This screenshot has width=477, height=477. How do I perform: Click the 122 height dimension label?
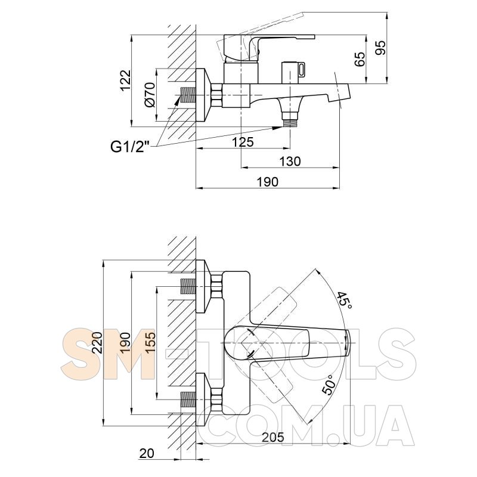click(x=125, y=80)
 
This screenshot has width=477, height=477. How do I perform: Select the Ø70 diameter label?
click(x=150, y=95)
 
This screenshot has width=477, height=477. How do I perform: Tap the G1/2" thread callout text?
click(x=132, y=147)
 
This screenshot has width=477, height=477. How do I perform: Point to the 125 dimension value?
click(x=243, y=142)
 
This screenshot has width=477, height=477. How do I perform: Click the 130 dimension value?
click(x=290, y=161)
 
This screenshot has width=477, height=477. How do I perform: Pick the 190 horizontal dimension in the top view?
click(x=268, y=182)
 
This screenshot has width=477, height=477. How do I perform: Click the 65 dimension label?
click(x=360, y=59)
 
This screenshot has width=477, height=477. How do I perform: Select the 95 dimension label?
click(x=380, y=48)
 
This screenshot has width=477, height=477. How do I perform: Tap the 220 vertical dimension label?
click(x=97, y=342)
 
